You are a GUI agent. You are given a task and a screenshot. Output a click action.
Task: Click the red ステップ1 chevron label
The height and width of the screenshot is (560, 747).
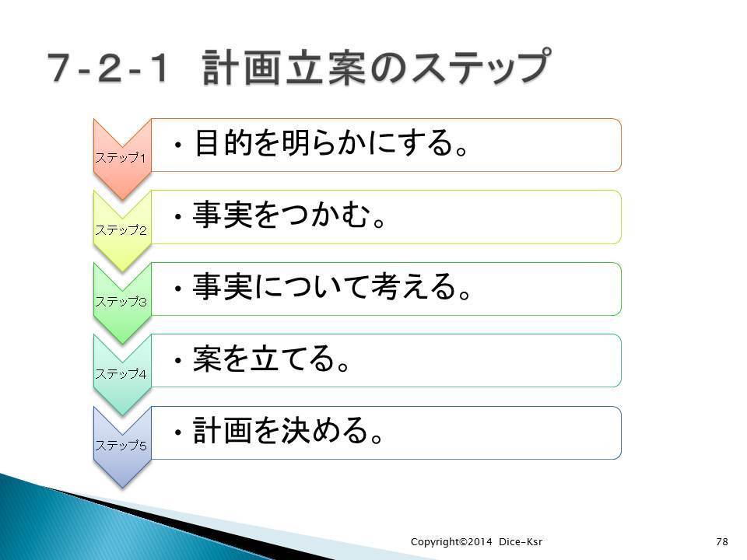(121, 158)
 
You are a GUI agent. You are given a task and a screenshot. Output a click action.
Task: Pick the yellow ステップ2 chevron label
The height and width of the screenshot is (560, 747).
(121, 230)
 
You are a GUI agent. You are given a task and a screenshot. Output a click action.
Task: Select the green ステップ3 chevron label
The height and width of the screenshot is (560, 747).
(121, 302)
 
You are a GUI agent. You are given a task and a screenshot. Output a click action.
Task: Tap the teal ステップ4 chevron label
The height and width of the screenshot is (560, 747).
(121, 374)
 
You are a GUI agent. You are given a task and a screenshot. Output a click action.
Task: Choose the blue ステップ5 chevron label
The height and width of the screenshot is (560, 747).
(121, 445)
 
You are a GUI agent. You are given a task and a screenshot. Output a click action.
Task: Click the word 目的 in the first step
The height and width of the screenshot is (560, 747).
(223, 142)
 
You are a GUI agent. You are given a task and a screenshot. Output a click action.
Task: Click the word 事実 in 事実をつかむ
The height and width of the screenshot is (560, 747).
(223, 215)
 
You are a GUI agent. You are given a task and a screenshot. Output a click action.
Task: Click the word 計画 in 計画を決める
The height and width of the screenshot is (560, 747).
(223, 430)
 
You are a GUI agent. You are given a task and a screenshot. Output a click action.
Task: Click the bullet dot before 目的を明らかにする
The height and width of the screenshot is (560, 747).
(178, 145)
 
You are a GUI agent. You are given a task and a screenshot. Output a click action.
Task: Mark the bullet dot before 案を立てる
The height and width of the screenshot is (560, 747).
(178, 360)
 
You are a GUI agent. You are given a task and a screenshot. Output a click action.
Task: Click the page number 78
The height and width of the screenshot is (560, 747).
(722, 541)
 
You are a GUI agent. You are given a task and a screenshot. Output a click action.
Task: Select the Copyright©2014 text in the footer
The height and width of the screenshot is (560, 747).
(451, 542)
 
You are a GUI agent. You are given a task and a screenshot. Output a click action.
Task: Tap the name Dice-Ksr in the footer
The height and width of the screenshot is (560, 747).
(521, 541)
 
